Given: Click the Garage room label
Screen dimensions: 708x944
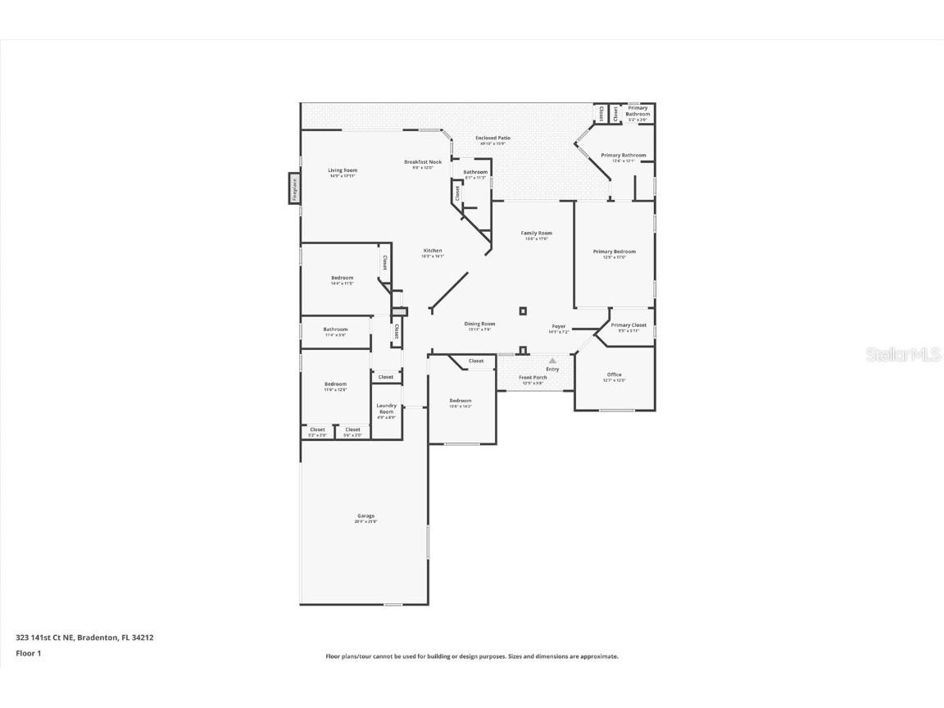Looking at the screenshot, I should (365, 516).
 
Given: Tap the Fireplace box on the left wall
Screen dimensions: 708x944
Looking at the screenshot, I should (294, 188).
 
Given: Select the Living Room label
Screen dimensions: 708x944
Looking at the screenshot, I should (343, 170).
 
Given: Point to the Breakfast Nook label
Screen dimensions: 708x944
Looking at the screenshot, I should (423, 162).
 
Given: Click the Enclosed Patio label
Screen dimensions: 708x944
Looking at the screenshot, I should (492, 138).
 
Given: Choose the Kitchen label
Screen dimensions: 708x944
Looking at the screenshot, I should (433, 251).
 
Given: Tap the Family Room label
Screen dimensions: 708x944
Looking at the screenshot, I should (537, 234).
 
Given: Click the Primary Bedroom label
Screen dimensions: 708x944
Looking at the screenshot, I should (615, 252).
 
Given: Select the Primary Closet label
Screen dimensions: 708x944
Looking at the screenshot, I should (629, 325).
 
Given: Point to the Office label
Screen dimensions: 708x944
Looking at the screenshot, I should (615, 375).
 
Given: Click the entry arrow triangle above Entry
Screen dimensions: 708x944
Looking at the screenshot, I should (552, 360).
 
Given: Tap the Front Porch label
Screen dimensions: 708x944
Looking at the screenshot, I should (533, 378).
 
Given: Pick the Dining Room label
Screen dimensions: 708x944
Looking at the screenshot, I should (480, 324).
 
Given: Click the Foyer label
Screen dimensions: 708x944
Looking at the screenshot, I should (558, 327).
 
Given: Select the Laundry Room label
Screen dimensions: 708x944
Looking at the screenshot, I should (386, 408).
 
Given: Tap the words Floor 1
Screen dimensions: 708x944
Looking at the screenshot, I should (28, 653).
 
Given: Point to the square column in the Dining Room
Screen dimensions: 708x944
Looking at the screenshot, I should (523, 311).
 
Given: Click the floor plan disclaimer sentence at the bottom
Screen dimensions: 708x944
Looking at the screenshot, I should (472, 656).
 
